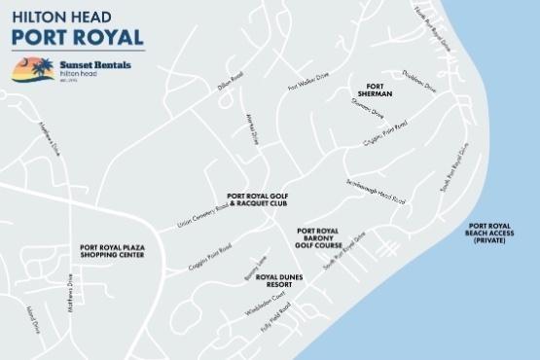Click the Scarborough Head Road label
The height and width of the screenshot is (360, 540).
click(375, 191)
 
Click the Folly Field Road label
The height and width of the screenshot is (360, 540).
click(272, 318)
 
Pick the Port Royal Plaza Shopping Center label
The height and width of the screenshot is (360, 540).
click(112, 252)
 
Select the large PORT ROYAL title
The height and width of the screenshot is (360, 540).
click(77, 37)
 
